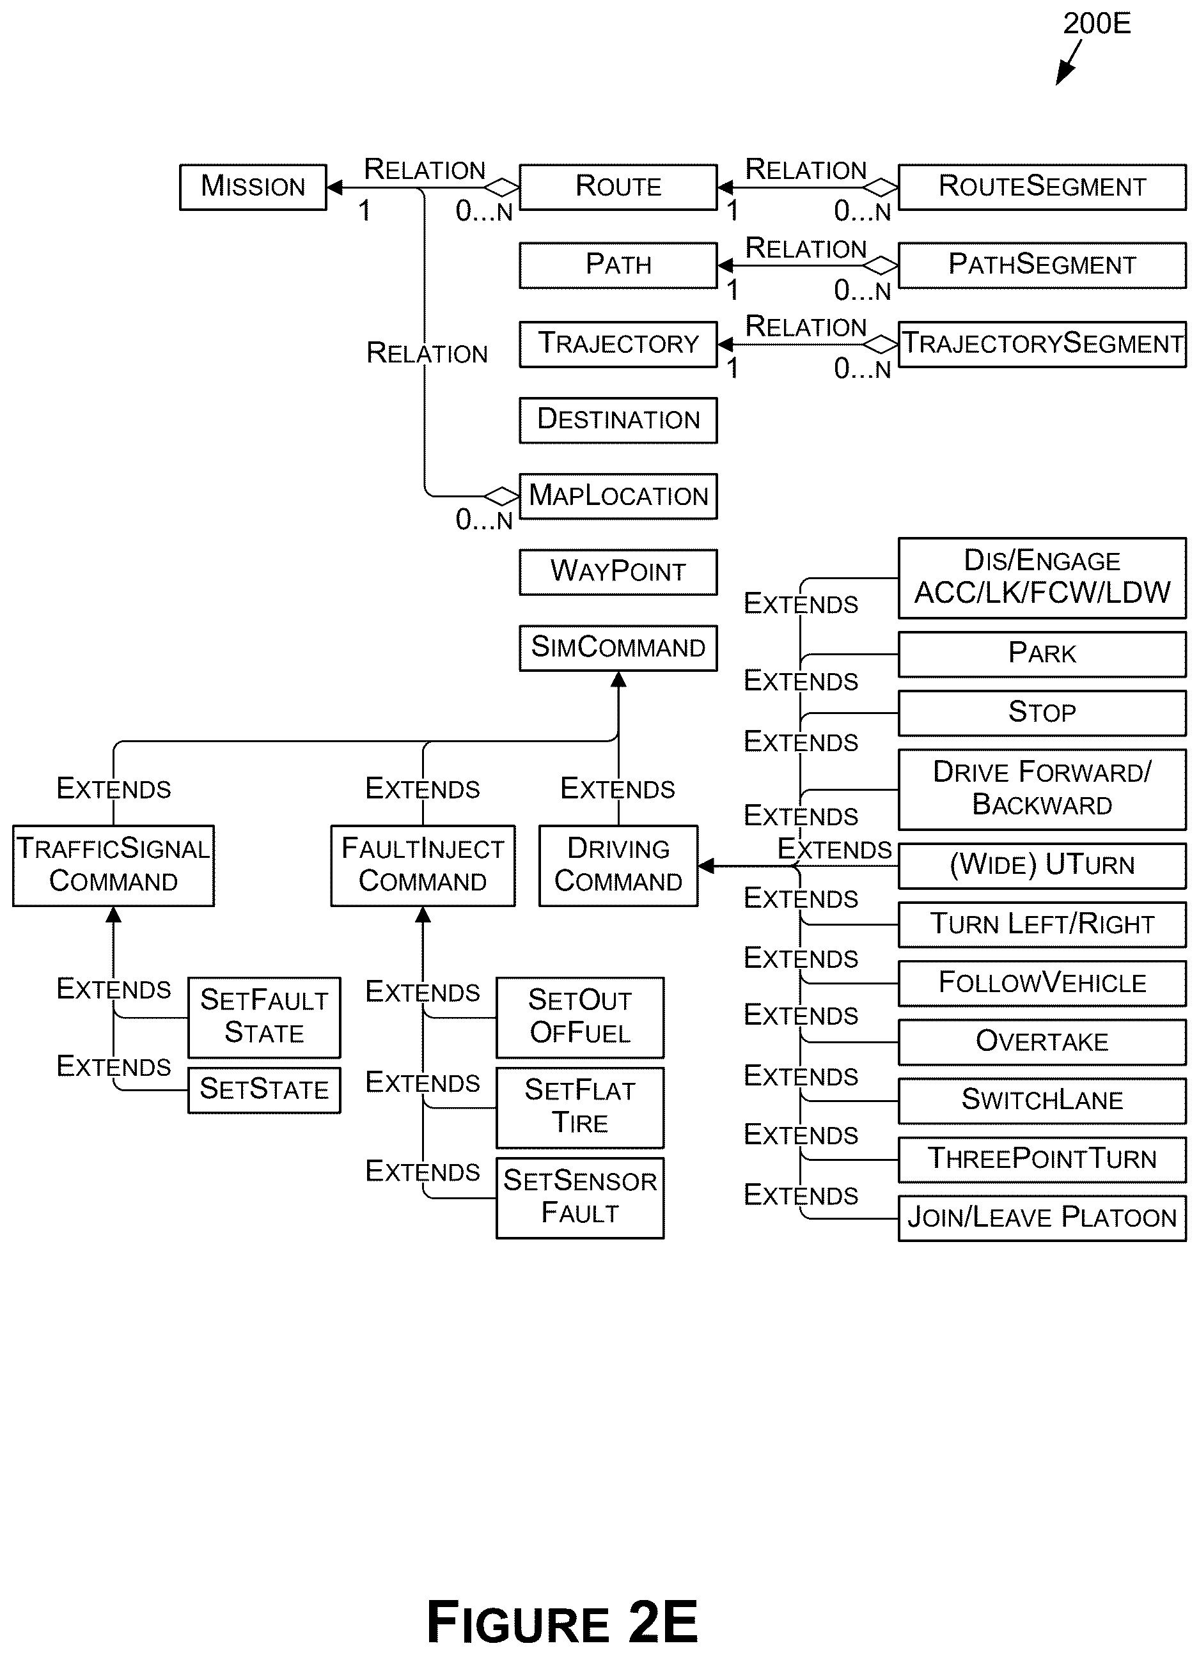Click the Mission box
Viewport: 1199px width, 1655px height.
pyautogui.click(x=253, y=187)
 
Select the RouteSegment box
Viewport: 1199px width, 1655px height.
pyautogui.click(x=1042, y=187)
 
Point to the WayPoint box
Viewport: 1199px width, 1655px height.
pyautogui.click(x=618, y=572)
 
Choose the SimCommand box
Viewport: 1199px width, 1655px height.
pyautogui.click(x=618, y=648)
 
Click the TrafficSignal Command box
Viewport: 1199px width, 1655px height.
pyautogui.click(x=114, y=866)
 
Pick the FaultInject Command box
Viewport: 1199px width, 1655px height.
pyautogui.click(x=423, y=866)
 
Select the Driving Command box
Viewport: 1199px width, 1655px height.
pyautogui.click(x=619, y=866)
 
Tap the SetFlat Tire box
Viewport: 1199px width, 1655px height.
pyautogui.click(x=580, y=1108)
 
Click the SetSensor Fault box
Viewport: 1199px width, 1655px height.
pyautogui.click(x=580, y=1198)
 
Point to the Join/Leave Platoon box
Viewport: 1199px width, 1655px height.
pyautogui.click(x=1042, y=1218)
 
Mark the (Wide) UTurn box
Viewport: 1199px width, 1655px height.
pyautogui.click(x=1042, y=866)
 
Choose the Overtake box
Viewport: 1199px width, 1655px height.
pyautogui.click(x=1042, y=1042)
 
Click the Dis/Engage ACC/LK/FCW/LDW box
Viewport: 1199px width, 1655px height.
pyautogui.click(x=1042, y=579)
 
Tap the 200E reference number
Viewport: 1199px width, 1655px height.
pyautogui.click(x=1097, y=24)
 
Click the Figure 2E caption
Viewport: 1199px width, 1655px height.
pyautogui.click(x=562, y=1620)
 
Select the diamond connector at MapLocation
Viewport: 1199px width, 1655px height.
pyautogui.click(x=502, y=496)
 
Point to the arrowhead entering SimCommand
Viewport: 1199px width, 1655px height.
pyautogui.click(x=618, y=680)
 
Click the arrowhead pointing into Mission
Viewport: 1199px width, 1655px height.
pyautogui.click(x=334, y=187)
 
